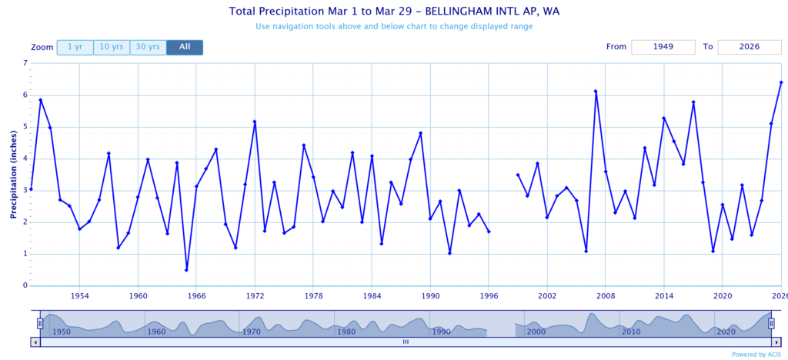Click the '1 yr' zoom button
[75, 48]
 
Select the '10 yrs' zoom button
[111, 48]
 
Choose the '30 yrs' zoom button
[148, 48]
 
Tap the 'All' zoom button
[185, 48]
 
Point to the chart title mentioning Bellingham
[393, 12]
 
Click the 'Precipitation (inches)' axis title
[13, 174]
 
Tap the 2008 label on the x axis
[606, 295]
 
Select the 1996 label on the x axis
[489, 295]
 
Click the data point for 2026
[781, 82]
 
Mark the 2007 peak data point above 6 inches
[596, 92]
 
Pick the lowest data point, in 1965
[186, 270]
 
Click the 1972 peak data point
[255, 122]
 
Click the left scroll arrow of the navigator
[35, 342]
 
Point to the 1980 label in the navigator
[346, 332]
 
